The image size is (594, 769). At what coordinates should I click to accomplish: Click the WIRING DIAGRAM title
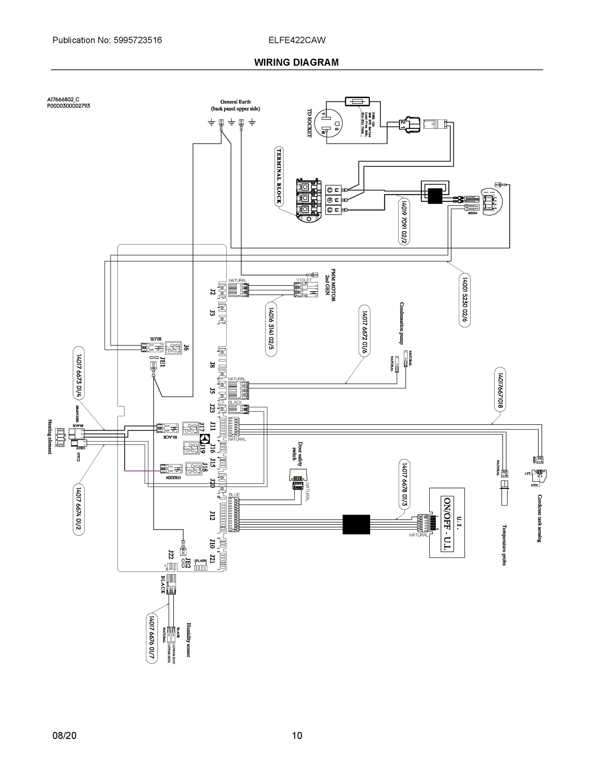pos(296,62)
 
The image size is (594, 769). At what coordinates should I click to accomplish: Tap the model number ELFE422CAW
pos(297,40)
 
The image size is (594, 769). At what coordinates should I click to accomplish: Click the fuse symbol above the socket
pos(357,101)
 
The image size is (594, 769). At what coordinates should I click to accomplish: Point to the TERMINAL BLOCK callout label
pos(279,176)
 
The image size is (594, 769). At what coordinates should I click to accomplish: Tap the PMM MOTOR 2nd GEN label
pos(330,285)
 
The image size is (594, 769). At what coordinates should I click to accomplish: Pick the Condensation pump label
pos(402,323)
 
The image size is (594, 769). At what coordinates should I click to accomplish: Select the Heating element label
pos(50,437)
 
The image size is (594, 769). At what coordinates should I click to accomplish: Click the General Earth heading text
pos(235,102)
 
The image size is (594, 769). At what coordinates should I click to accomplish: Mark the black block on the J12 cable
pos(356,524)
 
